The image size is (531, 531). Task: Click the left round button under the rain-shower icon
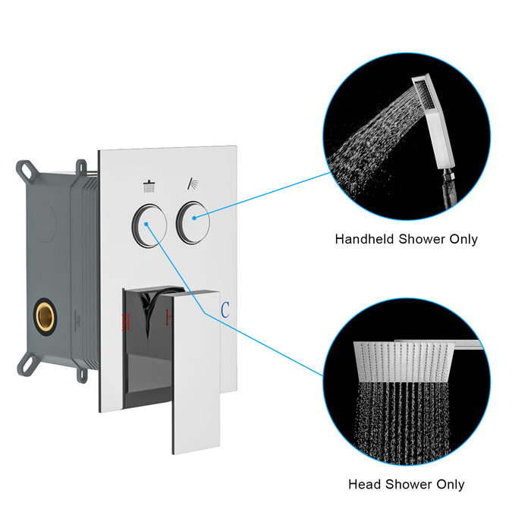(149, 224)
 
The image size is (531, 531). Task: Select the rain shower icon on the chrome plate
(149, 185)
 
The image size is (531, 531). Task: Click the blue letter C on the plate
(225, 310)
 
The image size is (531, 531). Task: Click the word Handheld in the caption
(364, 239)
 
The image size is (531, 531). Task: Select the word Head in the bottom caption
(363, 484)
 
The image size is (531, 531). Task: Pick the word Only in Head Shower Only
(448, 484)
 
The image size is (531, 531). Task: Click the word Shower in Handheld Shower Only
(423, 239)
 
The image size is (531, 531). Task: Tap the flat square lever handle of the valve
(196, 372)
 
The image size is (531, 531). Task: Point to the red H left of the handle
(126, 322)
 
